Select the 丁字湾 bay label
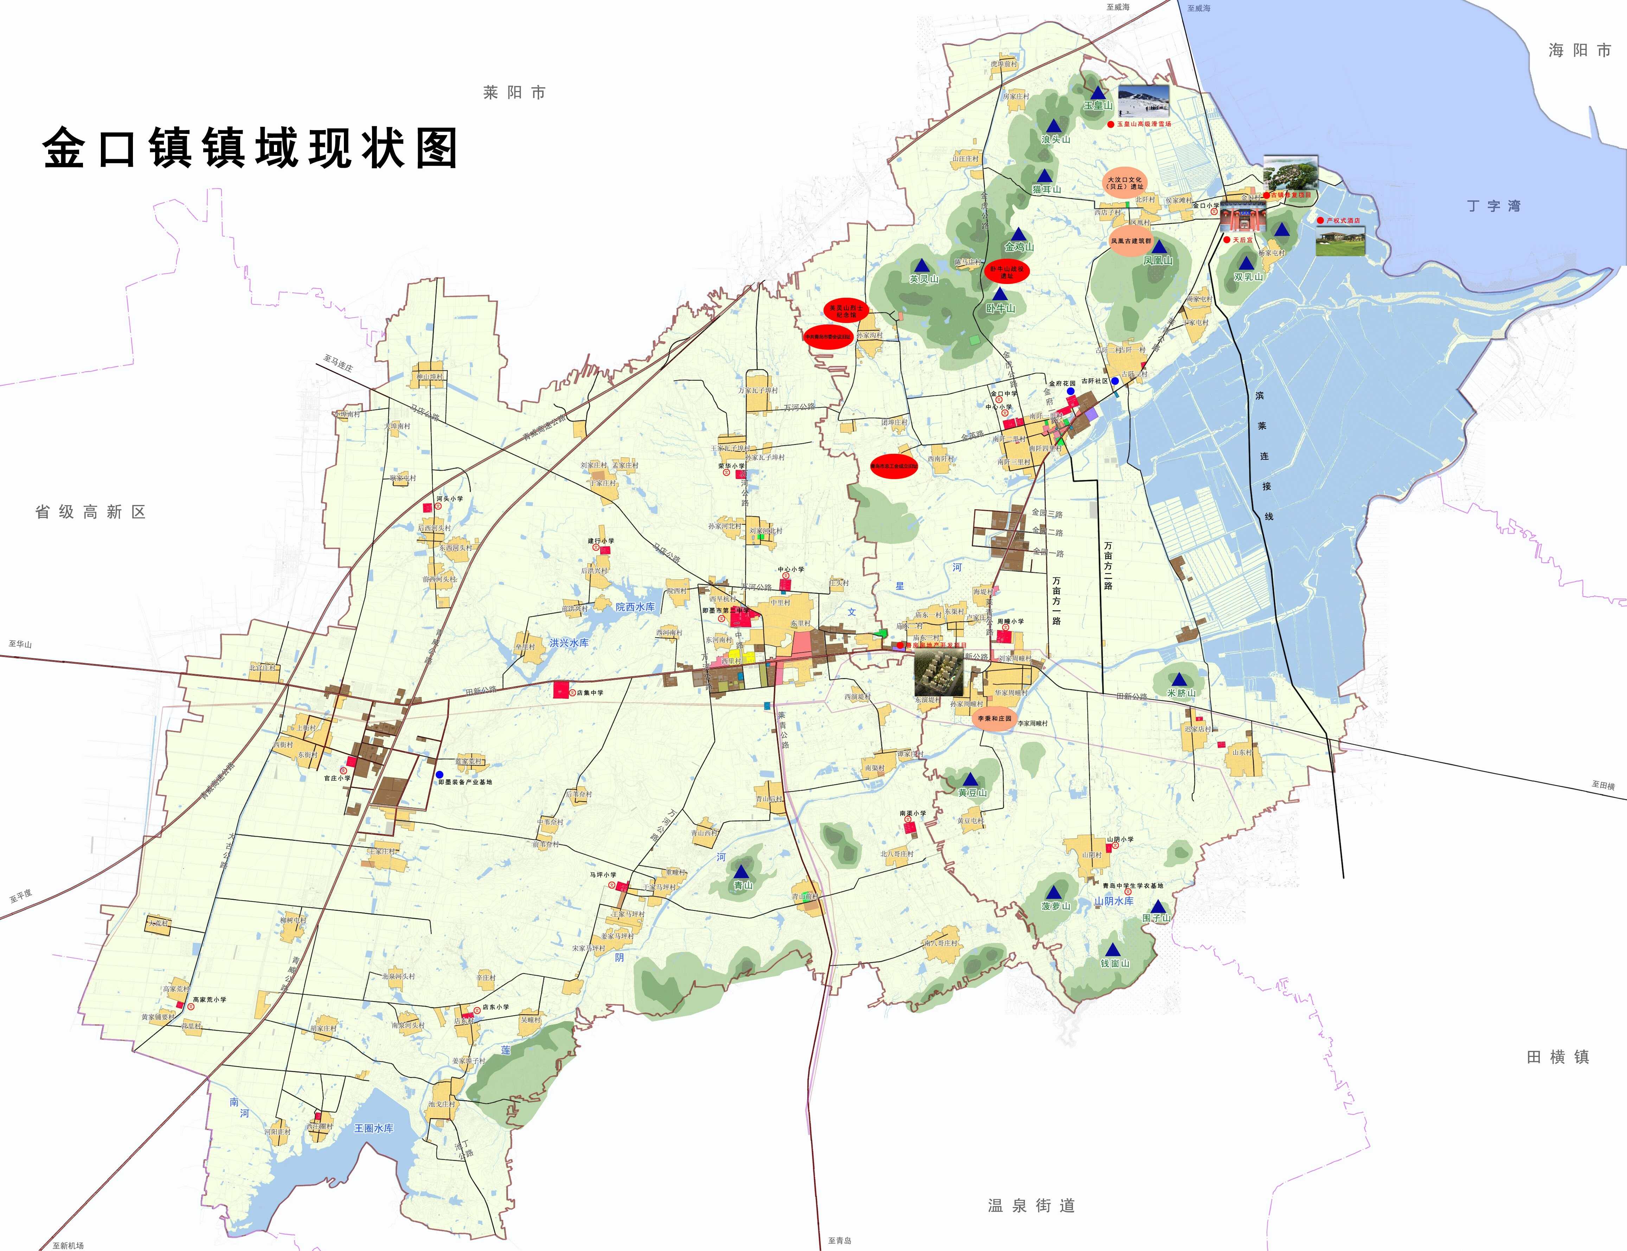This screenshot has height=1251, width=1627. (x=1494, y=206)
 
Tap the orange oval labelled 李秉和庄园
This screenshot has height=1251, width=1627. (x=994, y=718)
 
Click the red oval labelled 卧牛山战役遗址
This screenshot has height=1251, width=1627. (x=1006, y=272)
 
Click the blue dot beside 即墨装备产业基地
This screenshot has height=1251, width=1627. (x=440, y=774)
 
